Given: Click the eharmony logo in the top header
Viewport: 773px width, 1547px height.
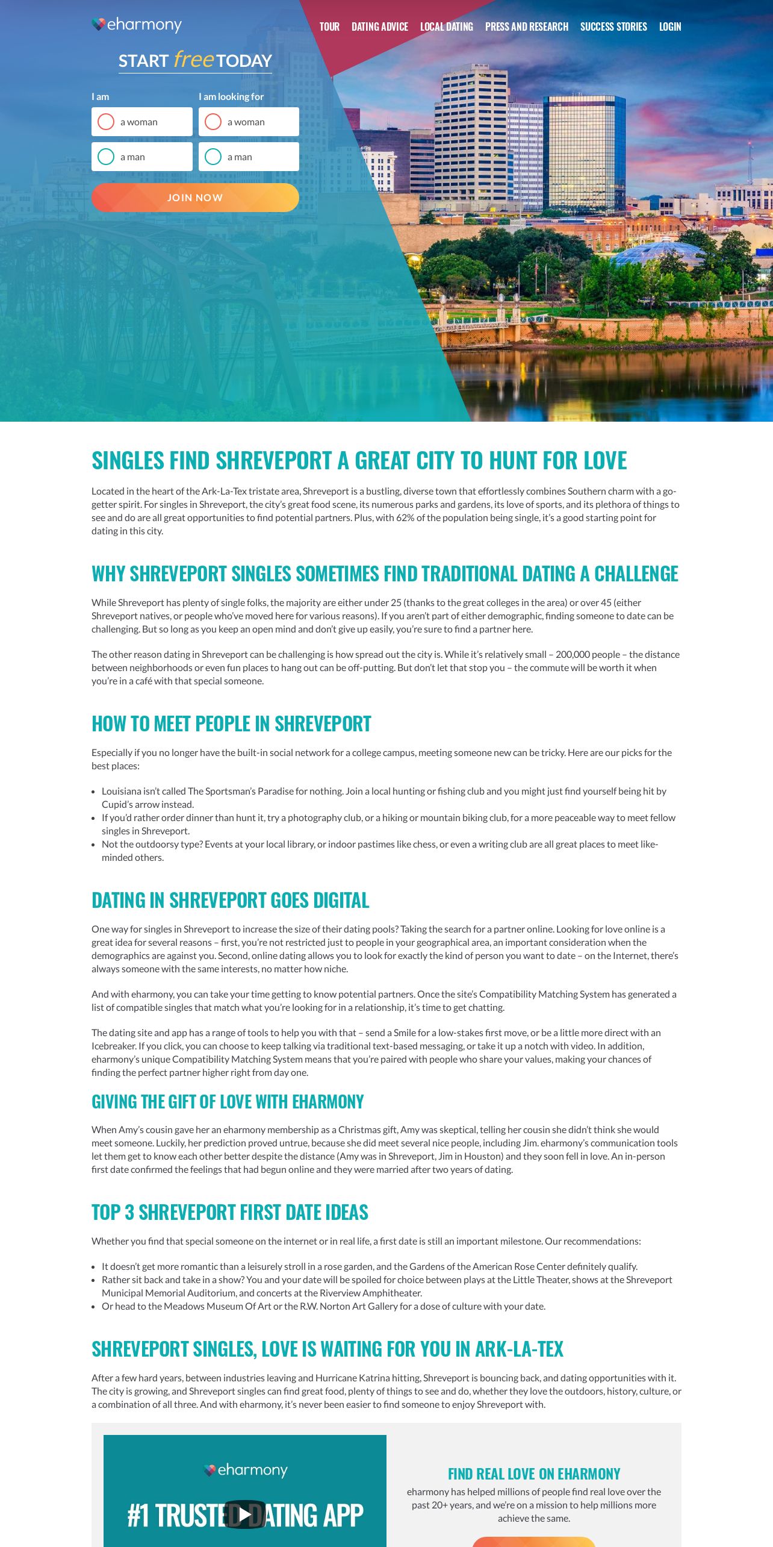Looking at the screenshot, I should point(137,25).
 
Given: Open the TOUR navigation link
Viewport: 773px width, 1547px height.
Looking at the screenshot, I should point(329,27).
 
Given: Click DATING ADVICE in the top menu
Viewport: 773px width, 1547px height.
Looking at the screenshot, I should point(380,27).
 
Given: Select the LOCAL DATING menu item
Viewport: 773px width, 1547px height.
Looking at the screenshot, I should point(447,27).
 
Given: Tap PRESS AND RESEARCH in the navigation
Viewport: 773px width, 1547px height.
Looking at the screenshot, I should point(527,27).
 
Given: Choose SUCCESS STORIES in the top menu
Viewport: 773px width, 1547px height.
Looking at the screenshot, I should point(613,27).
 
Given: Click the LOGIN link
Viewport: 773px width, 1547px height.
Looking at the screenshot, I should point(670,27).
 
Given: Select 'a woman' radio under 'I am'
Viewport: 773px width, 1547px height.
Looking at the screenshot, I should point(106,122).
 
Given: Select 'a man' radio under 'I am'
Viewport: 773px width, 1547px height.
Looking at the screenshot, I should point(106,157).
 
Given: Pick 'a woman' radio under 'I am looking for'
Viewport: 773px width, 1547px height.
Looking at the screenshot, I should point(213,122).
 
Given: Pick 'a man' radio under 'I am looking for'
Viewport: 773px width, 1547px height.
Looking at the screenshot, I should point(213,157).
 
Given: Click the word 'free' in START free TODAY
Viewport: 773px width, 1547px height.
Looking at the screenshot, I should point(193,60).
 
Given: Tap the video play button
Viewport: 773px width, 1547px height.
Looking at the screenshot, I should point(244,1514).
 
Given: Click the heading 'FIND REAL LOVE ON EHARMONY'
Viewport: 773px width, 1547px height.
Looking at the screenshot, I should point(534,1474).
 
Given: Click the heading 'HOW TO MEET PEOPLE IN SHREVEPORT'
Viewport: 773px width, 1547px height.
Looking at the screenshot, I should point(231,723).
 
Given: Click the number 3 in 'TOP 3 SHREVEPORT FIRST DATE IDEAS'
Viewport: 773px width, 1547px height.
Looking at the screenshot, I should point(129,1212).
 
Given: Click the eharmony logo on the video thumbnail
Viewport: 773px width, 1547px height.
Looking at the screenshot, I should point(246,1470).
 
